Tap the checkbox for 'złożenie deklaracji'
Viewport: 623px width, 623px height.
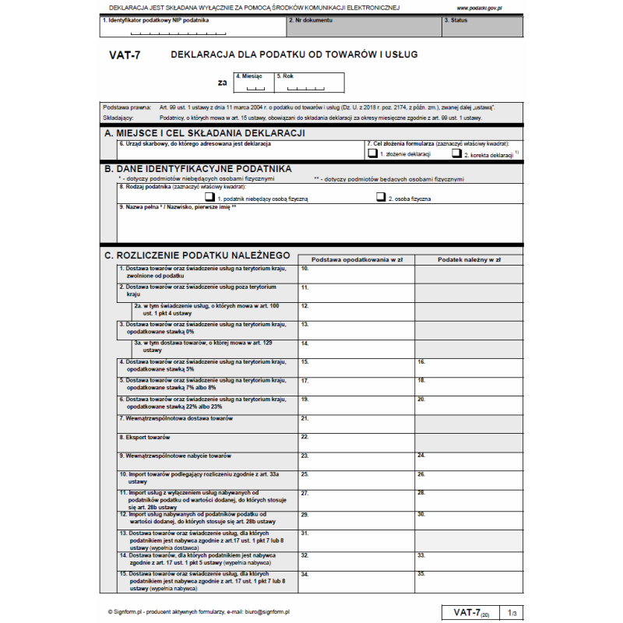(373, 154)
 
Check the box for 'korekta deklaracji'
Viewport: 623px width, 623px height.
(456, 154)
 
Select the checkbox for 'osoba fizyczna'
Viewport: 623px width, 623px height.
(381, 198)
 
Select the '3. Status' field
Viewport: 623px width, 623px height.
(482, 26)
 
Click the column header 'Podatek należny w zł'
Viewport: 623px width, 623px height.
(468, 259)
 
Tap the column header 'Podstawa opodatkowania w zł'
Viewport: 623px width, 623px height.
(356, 259)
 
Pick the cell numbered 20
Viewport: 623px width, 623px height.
(468, 404)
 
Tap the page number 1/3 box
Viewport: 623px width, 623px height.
(511, 613)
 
